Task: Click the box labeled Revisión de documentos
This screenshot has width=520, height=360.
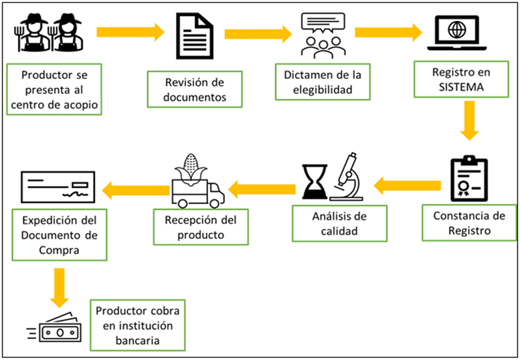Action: click(x=195, y=90)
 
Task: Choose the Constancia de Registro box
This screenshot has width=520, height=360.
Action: click(x=470, y=223)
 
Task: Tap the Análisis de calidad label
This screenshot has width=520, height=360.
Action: click(x=339, y=223)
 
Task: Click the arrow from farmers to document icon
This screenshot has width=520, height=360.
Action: click(x=130, y=31)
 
